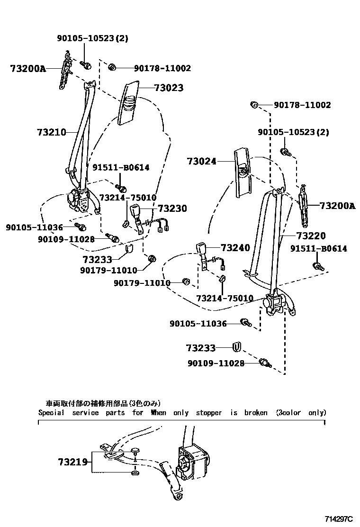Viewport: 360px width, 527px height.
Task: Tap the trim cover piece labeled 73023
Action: tap(127, 101)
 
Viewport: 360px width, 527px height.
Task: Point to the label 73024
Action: tap(201, 162)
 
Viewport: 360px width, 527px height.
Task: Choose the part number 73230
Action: tap(172, 209)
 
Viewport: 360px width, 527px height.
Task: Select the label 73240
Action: tap(235, 248)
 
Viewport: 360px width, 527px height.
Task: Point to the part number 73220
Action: tap(311, 236)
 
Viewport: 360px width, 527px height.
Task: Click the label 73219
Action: tap(73, 462)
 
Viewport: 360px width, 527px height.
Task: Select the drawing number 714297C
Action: tap(339, 519)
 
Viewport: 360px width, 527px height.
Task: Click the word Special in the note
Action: tap(51, 413)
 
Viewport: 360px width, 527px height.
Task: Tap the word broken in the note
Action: tap(256, 413)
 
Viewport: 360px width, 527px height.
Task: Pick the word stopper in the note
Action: tap(209, 413)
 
